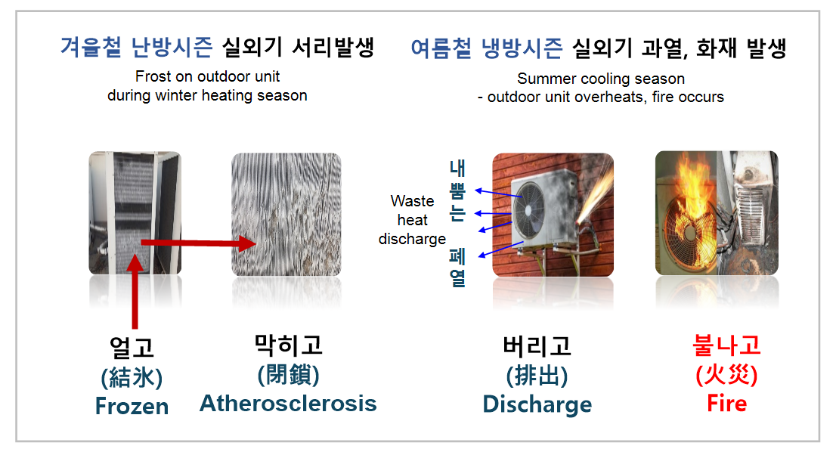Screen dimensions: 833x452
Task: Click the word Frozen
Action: pos(132,407)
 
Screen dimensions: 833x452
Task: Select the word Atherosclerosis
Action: pos(288,403)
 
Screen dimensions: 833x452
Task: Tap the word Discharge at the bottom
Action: pos(537,404)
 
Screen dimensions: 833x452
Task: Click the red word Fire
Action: pos(726,403)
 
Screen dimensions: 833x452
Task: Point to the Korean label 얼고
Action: pos(132,348)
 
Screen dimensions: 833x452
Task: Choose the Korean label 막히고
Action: pos(289,345)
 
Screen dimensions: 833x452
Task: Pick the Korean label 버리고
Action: pos(537,346)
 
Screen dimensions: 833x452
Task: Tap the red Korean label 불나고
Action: pos(726,345)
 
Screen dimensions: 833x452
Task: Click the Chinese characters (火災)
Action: pos(726,375)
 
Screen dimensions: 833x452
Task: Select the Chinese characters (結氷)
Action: pos(132,378)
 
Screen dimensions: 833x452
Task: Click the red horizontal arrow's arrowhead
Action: pos(248,244)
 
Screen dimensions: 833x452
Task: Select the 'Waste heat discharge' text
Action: pos(412,220)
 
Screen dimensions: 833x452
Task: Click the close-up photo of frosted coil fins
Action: pos(286,214)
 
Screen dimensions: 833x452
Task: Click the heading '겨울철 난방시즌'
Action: pos(137,47)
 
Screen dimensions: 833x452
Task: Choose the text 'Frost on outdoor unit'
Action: pos(207,76)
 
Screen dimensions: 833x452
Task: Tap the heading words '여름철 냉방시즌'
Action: pos(487,48)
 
